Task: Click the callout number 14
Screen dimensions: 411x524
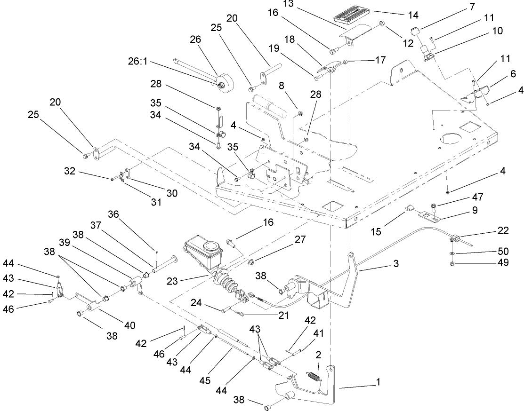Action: coord(413,15)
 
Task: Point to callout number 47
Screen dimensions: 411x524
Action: coord(474,197)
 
